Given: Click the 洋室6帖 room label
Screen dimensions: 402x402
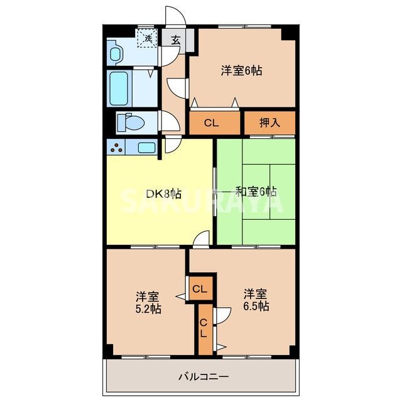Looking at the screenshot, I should tap(241, 71).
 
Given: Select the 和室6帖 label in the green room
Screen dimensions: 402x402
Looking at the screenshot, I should tap(257, 191).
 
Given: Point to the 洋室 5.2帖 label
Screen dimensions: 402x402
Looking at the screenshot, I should tap(148, 302).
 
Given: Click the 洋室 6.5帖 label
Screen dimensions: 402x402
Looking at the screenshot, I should tap(256, 300).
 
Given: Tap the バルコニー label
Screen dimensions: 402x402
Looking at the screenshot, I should tap(203, 377).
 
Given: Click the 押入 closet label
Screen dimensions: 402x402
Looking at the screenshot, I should tap(269, 123).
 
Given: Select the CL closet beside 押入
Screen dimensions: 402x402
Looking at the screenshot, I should tap(211, 123).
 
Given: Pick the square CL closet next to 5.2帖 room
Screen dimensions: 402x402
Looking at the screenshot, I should tap(200, 290).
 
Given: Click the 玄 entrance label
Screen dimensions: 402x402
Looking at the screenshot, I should tap(176, 40).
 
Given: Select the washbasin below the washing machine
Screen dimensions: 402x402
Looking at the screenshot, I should tap(116, 54).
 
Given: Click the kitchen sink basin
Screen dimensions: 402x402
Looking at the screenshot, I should tap(146, 148).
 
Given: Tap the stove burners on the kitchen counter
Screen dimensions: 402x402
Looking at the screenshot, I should tap(117, 148).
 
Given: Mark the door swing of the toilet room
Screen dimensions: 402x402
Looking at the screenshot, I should tap(169, 119).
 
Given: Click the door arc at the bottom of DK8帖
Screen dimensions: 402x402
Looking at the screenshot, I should tap(202, 239).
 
